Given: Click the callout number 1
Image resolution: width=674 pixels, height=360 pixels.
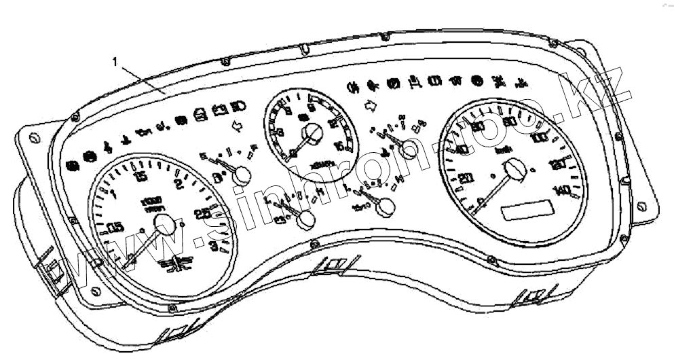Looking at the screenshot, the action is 115,61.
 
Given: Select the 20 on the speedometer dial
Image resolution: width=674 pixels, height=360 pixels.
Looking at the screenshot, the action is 466,179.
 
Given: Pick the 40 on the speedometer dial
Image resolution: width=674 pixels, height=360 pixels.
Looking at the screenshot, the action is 463,149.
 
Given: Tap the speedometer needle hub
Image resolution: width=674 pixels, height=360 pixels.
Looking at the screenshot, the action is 517,168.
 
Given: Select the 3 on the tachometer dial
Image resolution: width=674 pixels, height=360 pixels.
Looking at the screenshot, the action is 215,247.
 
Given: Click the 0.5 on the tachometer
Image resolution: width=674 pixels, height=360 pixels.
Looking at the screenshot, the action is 116,228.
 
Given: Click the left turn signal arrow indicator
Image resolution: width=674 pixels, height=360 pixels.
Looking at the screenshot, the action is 237,126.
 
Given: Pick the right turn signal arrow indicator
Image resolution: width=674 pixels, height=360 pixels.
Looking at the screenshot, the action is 371,105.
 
